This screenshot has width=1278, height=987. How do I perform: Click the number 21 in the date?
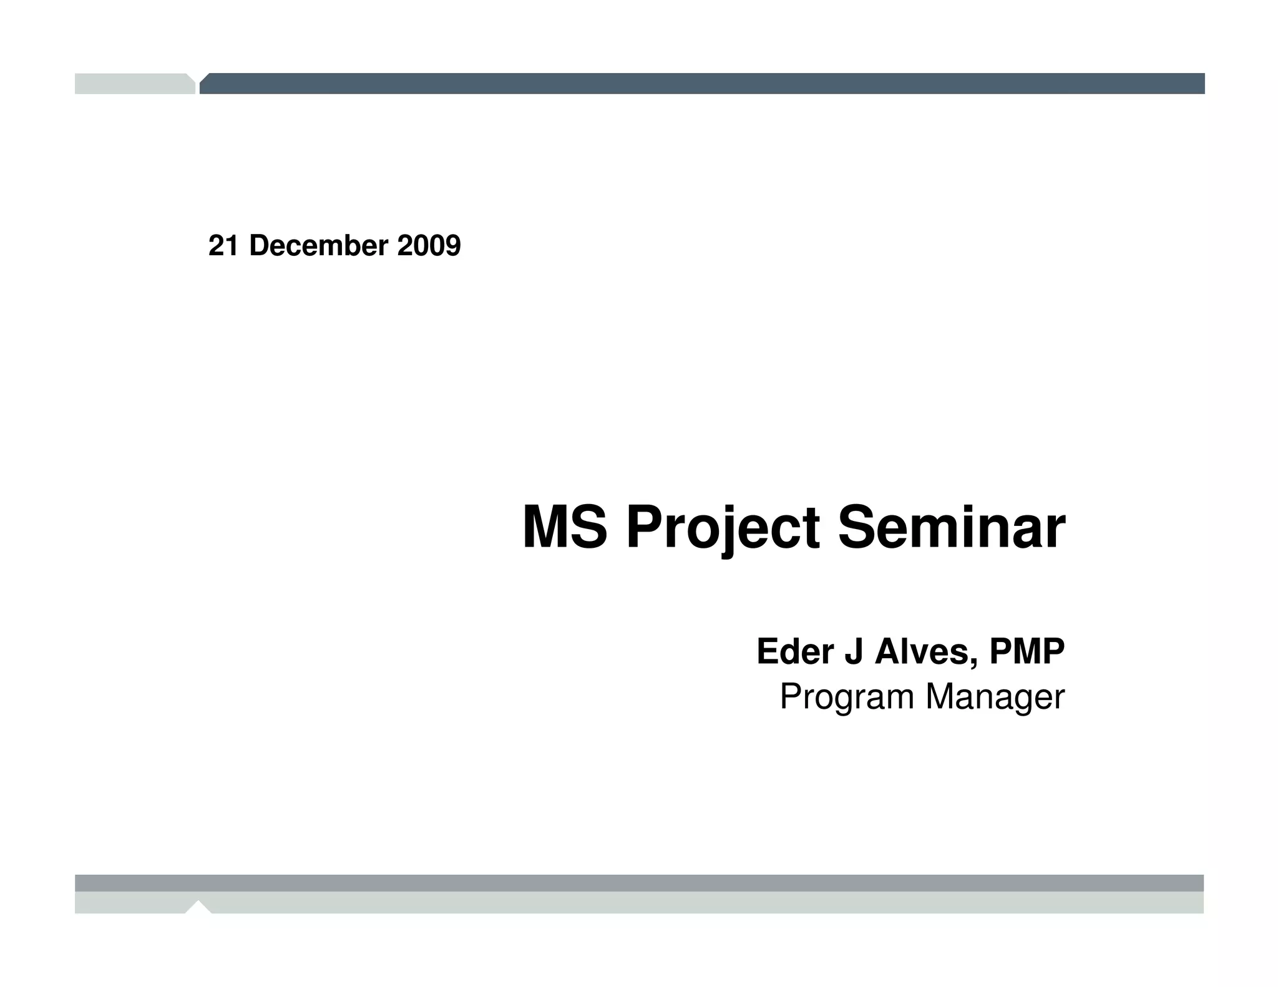click(x=223, y=246)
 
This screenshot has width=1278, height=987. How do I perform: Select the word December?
click(x=319, y=246)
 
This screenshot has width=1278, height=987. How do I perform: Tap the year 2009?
click(x=429, y=246)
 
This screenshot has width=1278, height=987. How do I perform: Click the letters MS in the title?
click(x=564, y=528)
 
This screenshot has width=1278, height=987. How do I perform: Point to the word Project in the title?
click(x=722, y=528)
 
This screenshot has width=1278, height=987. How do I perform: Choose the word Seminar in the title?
click(x=951, y=528)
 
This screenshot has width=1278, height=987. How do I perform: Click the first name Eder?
click(x=795, y=652)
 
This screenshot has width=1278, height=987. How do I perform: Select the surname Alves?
click(x=922, y=652)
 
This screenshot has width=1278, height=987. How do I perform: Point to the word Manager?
click(x=995, y=697)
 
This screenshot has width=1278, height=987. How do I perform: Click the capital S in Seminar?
click(x=856, y=528)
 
